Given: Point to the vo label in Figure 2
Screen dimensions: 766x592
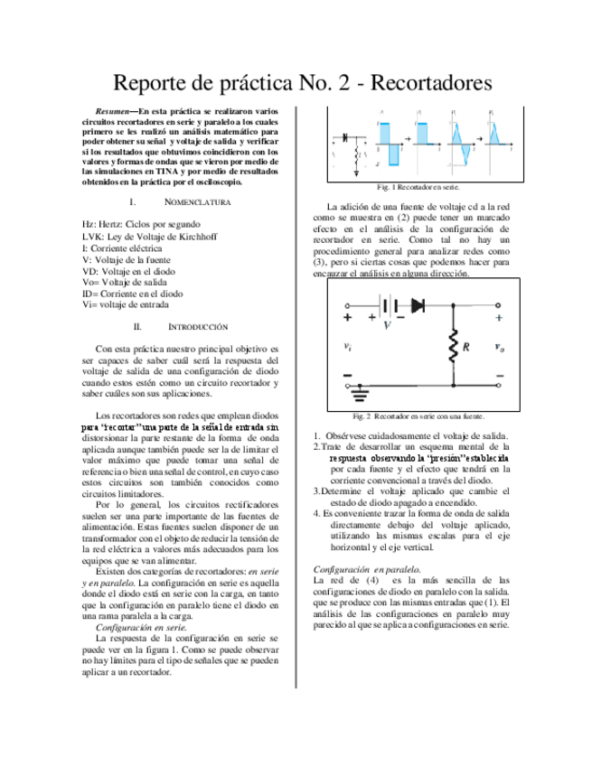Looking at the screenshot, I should click(500, 346).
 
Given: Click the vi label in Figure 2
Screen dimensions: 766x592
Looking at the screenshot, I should click(350, 346).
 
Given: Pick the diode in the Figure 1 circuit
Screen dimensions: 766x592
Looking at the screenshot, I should click(346, 138).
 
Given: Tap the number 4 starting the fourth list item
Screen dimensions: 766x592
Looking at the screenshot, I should click(316, 512).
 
